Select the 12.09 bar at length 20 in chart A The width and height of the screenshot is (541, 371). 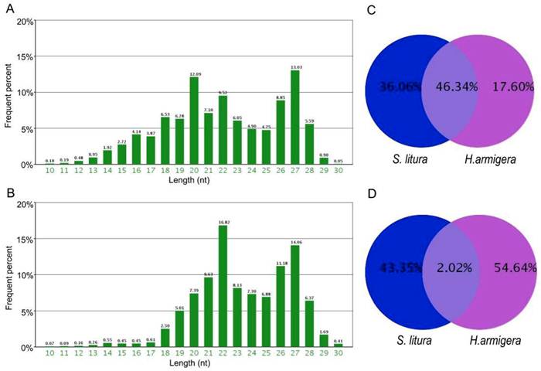[x=193, y=121]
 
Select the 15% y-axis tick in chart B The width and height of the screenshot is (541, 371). [x=25, y=240]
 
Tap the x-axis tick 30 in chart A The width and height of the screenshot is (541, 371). [x=339, y=171]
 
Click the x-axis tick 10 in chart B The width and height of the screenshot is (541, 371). [x=49, y=353]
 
